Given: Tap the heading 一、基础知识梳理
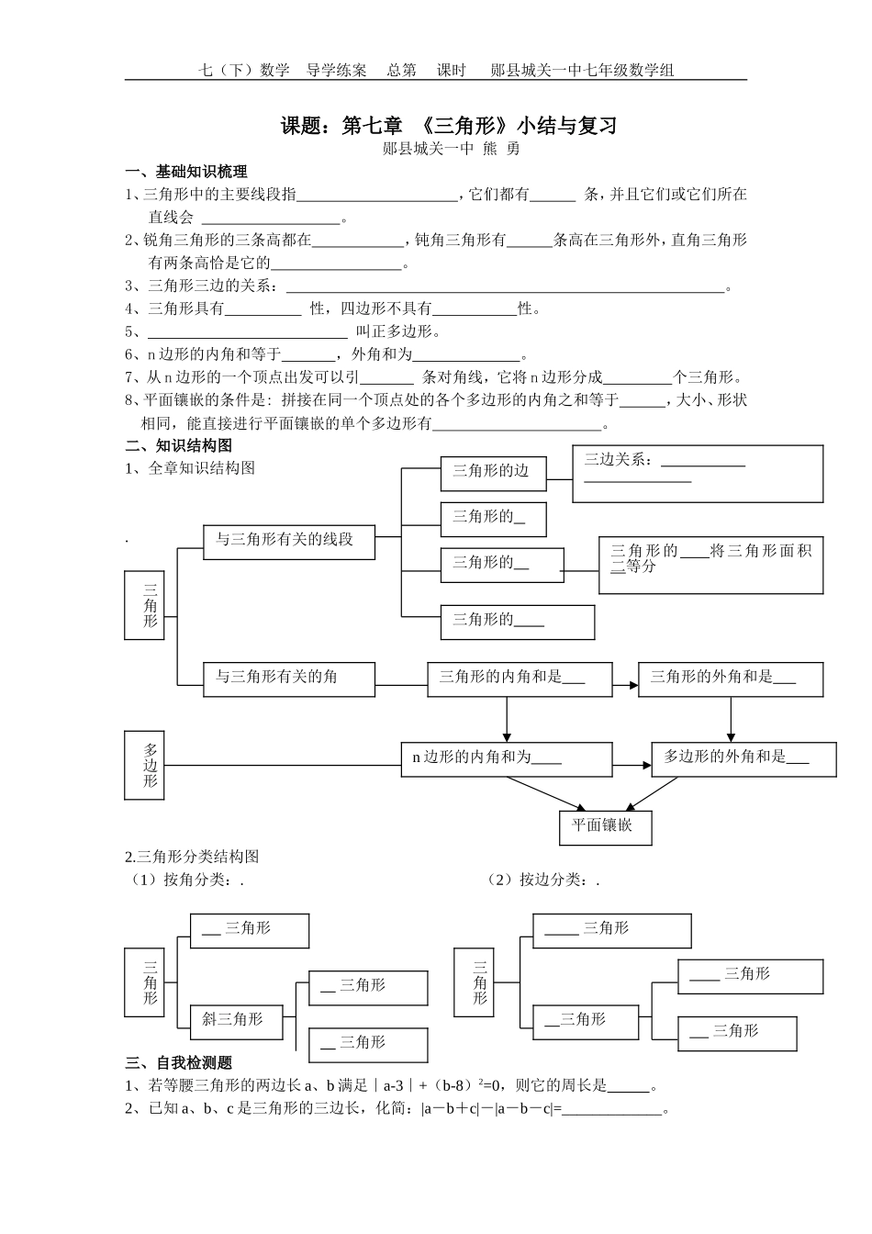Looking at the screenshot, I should (x=186, y=172).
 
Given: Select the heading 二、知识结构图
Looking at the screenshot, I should (x=179, y=445).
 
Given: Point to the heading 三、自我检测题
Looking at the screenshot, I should (x=179, y=1063).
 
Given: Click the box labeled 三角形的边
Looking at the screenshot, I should (x=493, y=472).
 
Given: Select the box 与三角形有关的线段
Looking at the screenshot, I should (x=289, y=541).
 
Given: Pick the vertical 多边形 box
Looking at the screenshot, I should (x=144, y=765).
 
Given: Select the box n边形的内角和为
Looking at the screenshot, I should (x=507, y=759).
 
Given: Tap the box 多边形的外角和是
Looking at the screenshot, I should (x=743, y=759).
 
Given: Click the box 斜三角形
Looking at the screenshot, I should (x=236, y=1020).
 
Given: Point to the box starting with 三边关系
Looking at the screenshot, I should (x=697, y=474).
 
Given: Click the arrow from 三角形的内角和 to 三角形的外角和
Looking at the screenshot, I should (x=625, y=685).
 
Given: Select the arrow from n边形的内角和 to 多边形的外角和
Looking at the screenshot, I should (x=632, y=764).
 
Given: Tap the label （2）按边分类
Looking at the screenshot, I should (x=542, y=880).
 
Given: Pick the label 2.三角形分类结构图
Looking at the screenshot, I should (x=193, y=857).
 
